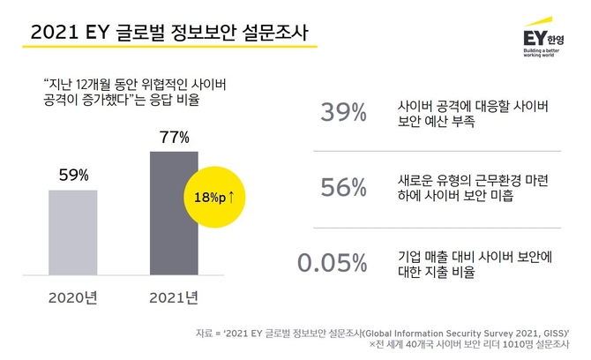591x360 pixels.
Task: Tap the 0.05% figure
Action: click(332, 263)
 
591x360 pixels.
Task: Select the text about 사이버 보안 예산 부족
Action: click(475, 115)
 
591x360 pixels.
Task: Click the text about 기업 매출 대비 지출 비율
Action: click(475, 263)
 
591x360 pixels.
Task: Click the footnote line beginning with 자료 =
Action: click(383, 333)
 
